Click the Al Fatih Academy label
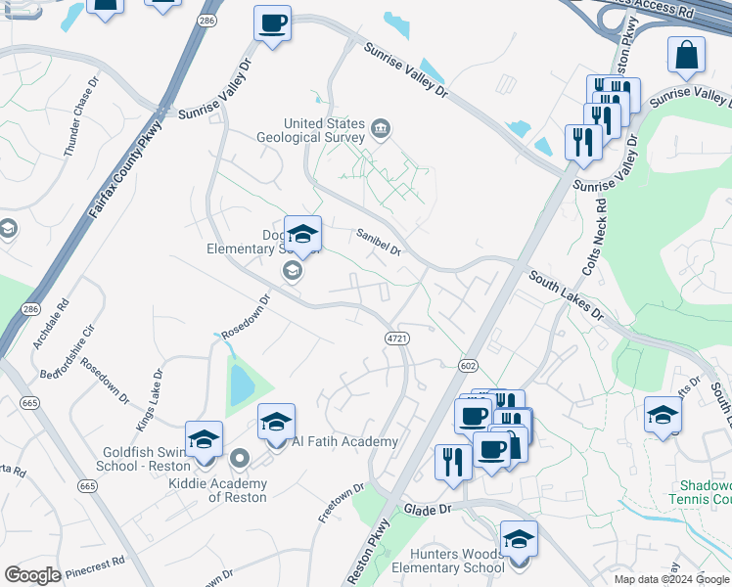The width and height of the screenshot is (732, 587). (x=345, y=442)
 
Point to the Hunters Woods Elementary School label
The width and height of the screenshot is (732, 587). (x=448, y=561)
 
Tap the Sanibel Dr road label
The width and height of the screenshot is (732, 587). (x=379, y=243)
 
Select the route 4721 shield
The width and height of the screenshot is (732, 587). (x=395, y=338)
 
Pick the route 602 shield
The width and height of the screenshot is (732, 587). (x=467, y=365)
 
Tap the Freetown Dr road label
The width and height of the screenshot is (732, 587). (x=342, y=502)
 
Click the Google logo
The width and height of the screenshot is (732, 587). (x=33, y=575)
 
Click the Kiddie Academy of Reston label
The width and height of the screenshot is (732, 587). (x=217, y=491)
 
